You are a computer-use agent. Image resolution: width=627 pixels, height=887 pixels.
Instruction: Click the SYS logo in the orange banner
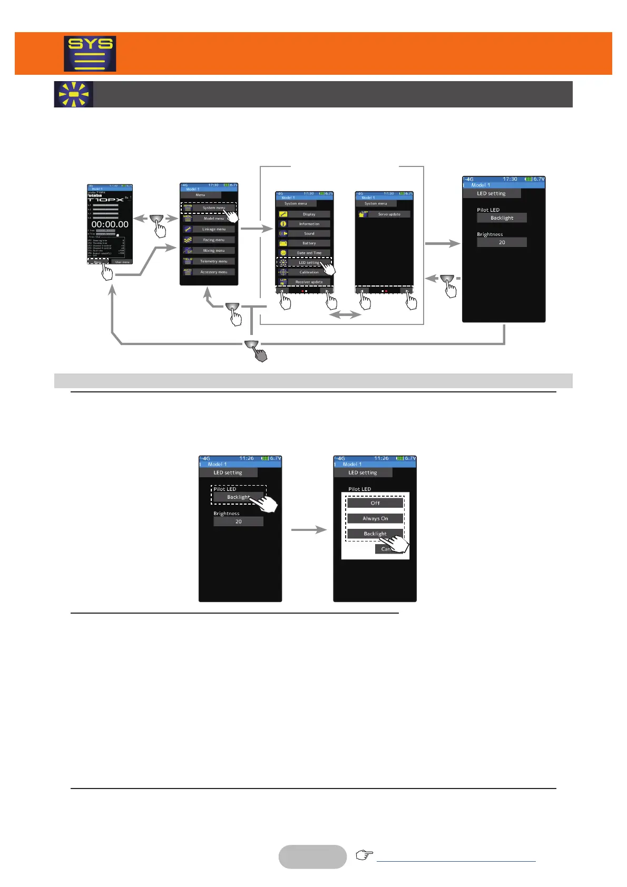tap(90, 54)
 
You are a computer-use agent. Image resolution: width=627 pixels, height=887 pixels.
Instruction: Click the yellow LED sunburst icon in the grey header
tap(74, 94)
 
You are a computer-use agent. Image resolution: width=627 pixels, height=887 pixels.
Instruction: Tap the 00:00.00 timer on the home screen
tap(110, 224)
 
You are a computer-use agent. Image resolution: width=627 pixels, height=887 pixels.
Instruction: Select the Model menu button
tap(213, 219)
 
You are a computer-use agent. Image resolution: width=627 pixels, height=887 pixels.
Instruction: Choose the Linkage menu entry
tap(213, 229)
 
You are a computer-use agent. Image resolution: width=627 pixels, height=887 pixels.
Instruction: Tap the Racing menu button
tap(213, 240)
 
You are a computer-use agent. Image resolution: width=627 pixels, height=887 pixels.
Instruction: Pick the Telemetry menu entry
tap(213, 261)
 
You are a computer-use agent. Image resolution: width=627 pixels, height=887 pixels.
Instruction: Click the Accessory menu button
tap(213, 272)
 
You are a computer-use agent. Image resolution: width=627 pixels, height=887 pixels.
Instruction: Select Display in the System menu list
tap(309, 214)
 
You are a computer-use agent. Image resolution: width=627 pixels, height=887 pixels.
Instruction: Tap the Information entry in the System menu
tap(309, 224)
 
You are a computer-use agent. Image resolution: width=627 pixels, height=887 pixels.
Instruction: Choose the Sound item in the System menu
tap(309, 233)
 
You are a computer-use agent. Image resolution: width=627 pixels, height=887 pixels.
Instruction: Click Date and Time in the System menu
tap(309, 253)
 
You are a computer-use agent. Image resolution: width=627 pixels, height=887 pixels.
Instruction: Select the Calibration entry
tap(309, 272)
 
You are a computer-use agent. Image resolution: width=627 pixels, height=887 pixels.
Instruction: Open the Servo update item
tap(389, 214)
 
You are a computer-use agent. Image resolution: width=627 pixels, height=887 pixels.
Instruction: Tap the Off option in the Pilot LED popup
tap(375, 503)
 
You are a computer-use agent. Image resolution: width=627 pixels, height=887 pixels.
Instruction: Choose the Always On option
tap(375, 518)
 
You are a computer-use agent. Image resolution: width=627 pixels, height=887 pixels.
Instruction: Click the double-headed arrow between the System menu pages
tap(345, 315)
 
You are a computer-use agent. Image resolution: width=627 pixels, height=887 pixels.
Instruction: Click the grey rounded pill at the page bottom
tap(312, 856)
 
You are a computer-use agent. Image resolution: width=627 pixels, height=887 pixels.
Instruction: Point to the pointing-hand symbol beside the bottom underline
tap(364, 855)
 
